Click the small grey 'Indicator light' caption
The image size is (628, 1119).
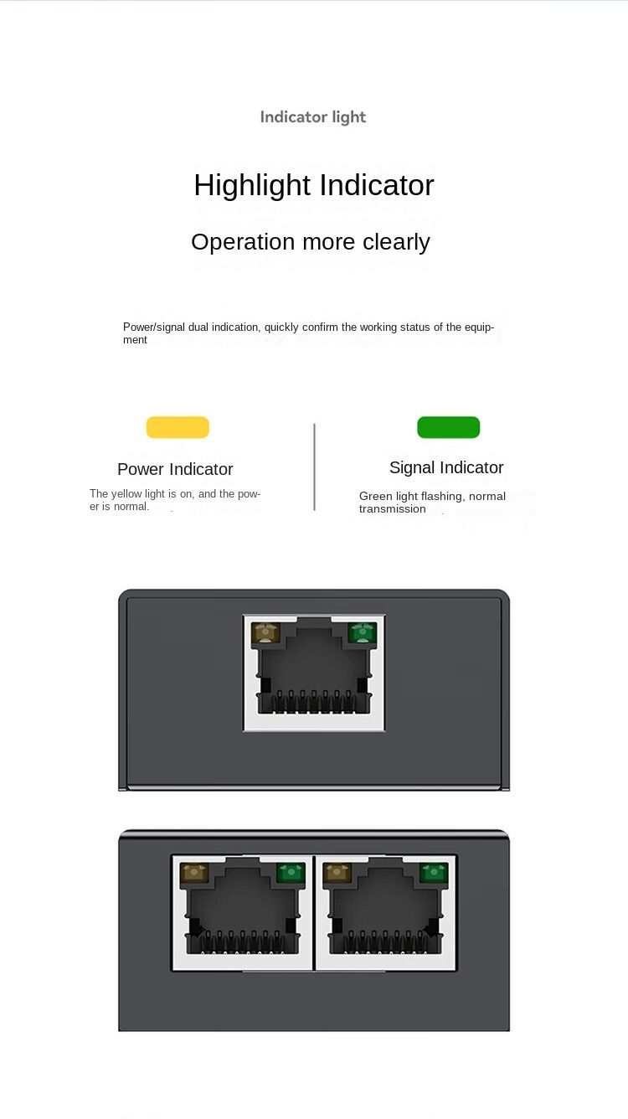(x=313, y=117)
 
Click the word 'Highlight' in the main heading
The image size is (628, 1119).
(x=252, y=185)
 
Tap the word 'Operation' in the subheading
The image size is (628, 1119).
(x=244, y=242)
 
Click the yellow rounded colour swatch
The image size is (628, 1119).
(x=178, y=427)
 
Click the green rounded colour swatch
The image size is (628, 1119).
(x=448, y=427)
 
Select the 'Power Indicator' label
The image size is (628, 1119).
(x=175, y=469)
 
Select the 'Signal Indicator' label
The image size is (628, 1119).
(x=446, y=467)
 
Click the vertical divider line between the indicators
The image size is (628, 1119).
(x=314, y=467)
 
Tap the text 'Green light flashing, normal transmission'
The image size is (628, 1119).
(x=432, y=503)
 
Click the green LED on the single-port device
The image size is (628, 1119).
(x=363, y=633)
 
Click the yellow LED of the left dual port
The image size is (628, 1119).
(x=194, y=874)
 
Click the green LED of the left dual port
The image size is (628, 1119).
(x=290, y=874)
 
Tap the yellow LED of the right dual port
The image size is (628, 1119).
(x=337, y=874)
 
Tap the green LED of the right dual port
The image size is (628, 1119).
(x=434, y=874)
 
